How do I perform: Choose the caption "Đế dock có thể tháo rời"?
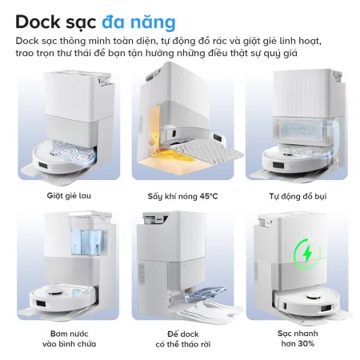point(180,338)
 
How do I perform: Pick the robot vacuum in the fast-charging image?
point(309,303)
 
